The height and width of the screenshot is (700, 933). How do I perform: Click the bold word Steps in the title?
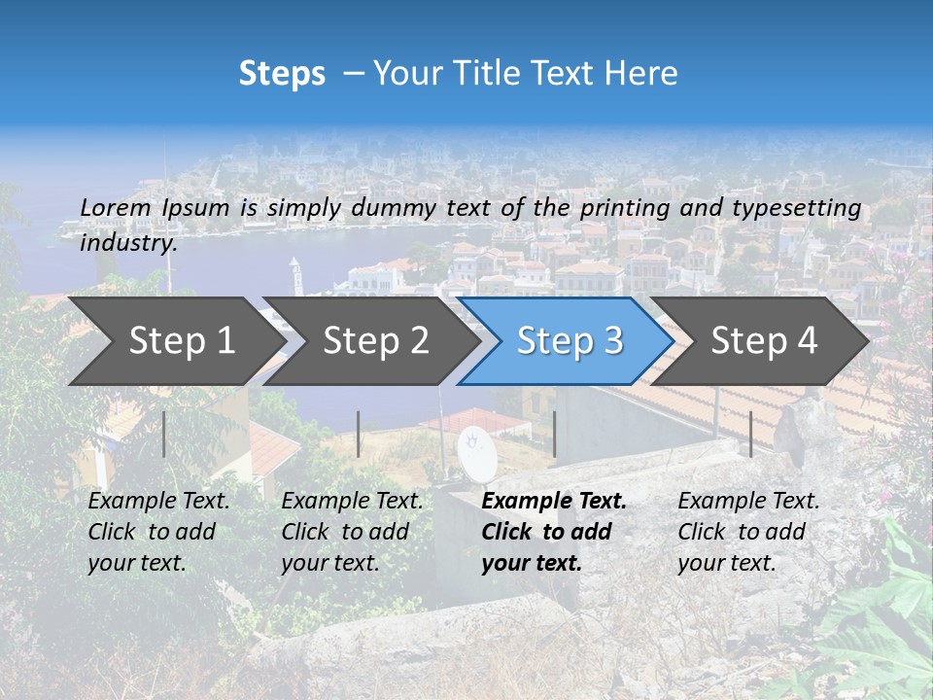(x=282, y=74)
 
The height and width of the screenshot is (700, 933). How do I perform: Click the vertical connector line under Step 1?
(x=164, y=434)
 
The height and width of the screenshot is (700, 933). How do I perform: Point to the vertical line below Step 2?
(x=359, y=434)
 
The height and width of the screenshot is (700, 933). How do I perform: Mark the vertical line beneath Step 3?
(x=554, y=434)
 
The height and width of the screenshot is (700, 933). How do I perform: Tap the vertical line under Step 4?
(x=751, y=434)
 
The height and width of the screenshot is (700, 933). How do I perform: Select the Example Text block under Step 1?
(x=158, y=532)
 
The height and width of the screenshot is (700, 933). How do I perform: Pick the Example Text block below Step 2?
(x=352, y=532)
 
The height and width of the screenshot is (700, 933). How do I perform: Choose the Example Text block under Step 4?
(x=748, y=532)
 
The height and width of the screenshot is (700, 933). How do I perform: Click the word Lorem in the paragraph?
(x=116, y=207)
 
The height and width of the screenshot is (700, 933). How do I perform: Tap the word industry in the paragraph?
(x=128, y=242)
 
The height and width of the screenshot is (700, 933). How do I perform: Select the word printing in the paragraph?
(x=625, y=207)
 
